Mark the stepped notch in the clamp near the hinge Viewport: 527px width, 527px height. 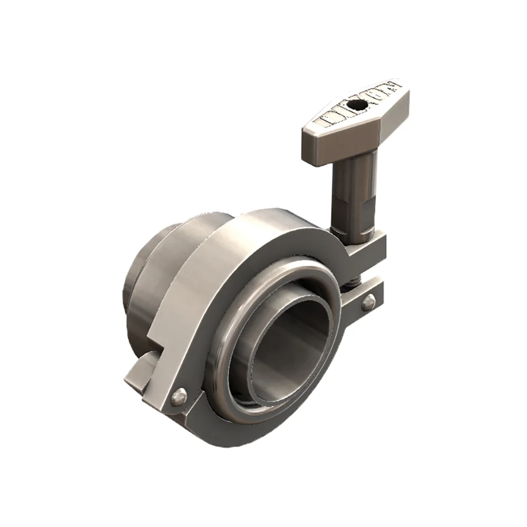point(158,343)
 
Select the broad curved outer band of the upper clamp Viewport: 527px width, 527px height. point(211,274)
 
